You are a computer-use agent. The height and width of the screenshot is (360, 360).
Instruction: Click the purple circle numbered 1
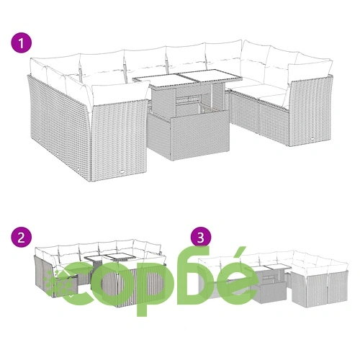coord(21,43)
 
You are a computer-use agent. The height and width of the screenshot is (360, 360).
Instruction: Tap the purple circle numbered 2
coord(21,238)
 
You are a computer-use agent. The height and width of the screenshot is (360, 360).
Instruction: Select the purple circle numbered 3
coord(201,237)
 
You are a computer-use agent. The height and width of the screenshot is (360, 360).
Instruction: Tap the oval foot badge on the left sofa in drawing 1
coord(122,171)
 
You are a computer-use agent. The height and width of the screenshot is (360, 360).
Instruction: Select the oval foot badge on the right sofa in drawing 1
coord(313,138)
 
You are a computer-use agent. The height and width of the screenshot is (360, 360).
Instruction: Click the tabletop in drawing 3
coord(271,268)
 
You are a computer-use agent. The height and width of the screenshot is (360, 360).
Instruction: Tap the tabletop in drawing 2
coord(109,258)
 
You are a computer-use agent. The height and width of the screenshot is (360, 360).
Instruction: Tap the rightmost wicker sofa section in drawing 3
coord(338,289)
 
